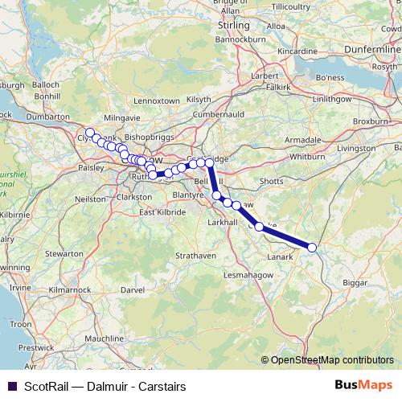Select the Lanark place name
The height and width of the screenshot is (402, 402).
pos(279,257)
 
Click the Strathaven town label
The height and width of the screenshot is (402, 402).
pos(196,256)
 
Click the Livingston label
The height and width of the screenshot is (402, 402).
pos(356,148)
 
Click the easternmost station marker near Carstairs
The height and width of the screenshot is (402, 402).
pos(312,248)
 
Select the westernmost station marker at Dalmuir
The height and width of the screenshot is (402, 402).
pos(90,133)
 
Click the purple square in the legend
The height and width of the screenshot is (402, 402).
pos(10,384)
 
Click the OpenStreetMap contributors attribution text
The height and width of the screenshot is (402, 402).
pos(332,360)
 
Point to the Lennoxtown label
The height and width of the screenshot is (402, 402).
pos(157,100)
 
